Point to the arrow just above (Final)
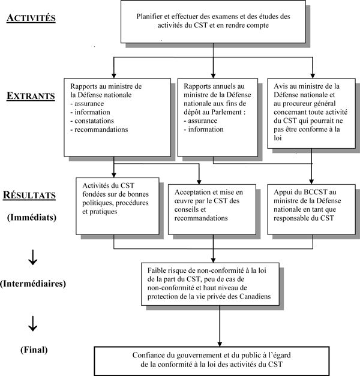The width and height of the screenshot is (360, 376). click(x=34, y=324)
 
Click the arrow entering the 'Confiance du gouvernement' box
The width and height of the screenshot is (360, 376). click(x=209, y=339)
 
